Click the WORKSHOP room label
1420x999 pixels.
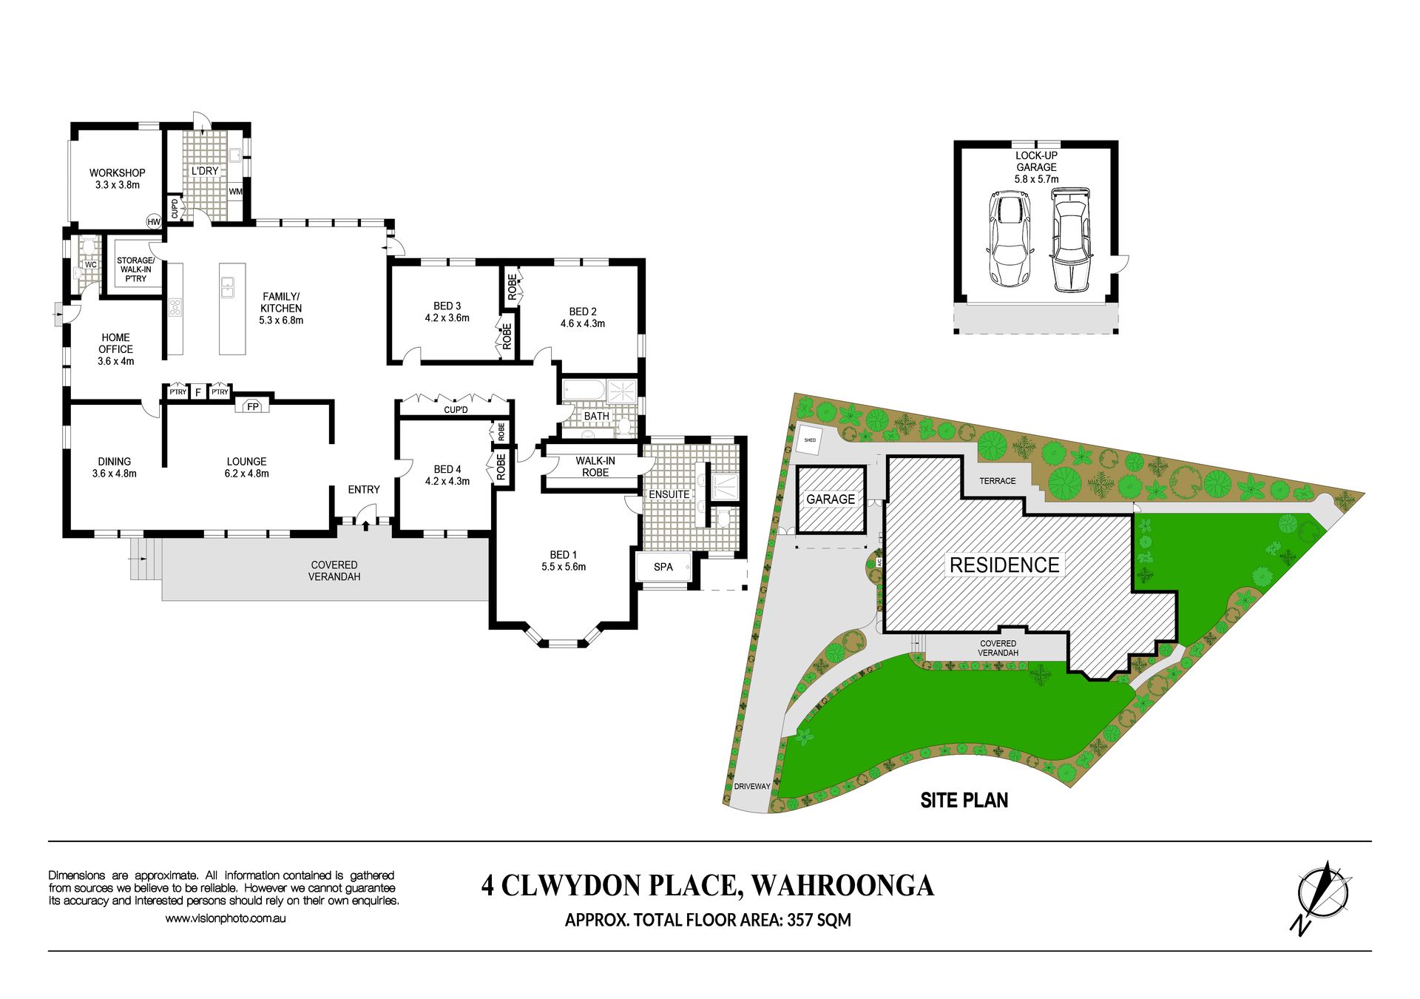118,173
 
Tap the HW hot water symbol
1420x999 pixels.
154,222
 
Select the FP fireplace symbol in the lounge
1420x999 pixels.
253,406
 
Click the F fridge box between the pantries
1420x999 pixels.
198,392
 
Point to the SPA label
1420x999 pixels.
663,567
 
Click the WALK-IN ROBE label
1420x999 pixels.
595,466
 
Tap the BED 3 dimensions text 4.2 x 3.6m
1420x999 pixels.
447,318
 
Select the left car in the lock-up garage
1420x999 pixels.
1010,238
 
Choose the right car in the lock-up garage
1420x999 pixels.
1070,240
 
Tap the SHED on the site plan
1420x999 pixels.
811,440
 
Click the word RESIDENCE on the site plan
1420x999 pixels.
1004,565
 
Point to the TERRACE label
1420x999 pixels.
998,481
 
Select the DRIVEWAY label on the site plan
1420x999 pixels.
752,787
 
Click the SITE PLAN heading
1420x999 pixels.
964,801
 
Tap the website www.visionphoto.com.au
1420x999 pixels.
226,918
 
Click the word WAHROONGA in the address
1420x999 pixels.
842,886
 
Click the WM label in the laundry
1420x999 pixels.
236,192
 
